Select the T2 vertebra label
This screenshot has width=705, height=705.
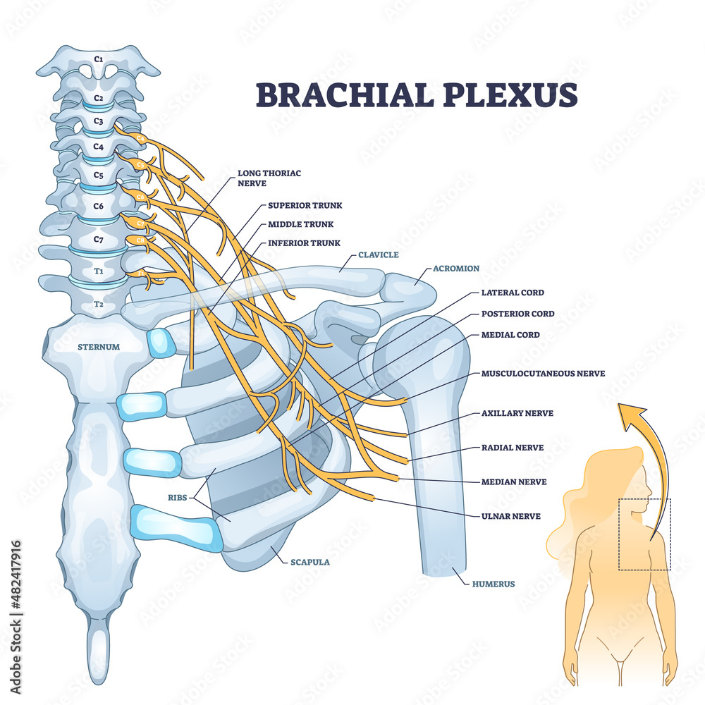98,305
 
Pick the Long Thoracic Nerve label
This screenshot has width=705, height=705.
262,176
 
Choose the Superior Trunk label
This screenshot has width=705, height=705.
305,206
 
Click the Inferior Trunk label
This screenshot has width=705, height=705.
304,243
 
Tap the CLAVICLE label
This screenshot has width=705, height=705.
379,255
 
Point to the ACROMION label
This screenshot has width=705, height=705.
455,269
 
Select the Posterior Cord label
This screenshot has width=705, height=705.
517,314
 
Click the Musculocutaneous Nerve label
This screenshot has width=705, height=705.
543,373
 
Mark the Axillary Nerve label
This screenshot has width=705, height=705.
517,413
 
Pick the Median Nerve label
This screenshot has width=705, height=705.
514,482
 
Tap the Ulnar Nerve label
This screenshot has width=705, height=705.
511,516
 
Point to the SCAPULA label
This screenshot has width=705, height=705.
309,563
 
